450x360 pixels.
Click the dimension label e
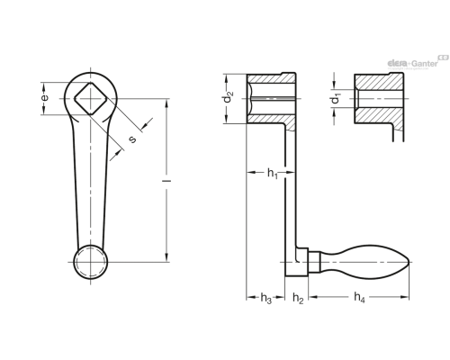tap(44, 98)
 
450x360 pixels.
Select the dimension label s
tap(132, 139)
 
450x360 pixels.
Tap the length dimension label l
tap(166, 181)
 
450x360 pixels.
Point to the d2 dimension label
tap(229, 96)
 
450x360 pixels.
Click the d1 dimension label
tap(336, 98)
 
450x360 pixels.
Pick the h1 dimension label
tap(273, 174)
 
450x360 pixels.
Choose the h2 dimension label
tap(298, 299)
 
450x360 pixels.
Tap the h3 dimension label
tap(266, 299)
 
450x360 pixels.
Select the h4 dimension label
tap(359, 298)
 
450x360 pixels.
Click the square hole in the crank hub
tap(91, 98)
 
